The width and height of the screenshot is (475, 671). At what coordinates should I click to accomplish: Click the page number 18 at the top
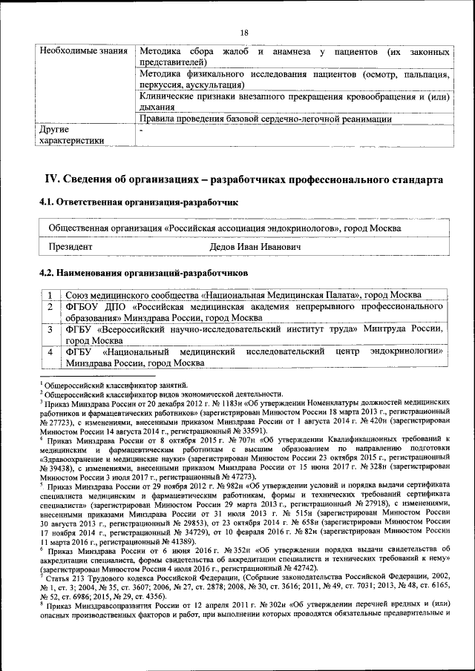point(243,31)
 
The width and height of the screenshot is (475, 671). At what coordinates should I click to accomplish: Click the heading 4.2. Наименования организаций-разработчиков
point(143,273)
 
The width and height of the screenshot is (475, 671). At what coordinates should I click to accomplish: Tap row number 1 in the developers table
point(49,296)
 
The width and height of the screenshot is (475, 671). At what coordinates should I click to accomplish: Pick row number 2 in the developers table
point(49,307)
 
